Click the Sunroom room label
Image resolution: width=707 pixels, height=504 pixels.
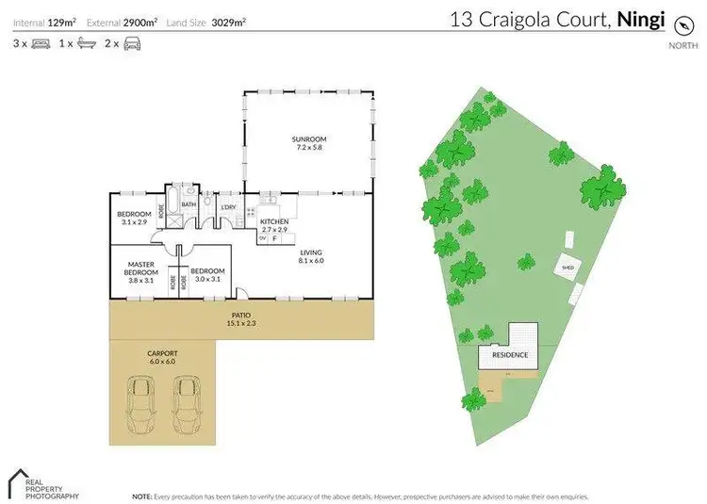tap(309, 144)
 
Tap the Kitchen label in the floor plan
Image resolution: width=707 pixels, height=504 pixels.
tap(274, 225)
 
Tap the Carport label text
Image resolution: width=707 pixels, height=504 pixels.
tap(162, 356)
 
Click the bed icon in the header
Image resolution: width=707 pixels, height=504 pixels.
tap(41, 43)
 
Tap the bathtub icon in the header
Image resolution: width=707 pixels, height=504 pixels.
tap(85, 43)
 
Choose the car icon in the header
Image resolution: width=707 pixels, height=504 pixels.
tap(131, 43)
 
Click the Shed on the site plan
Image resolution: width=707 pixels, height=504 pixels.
tap(568, 267)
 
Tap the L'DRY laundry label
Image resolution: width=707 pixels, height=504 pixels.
tap(227, 207)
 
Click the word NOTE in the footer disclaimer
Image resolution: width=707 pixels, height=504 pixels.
tap(142, 495)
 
